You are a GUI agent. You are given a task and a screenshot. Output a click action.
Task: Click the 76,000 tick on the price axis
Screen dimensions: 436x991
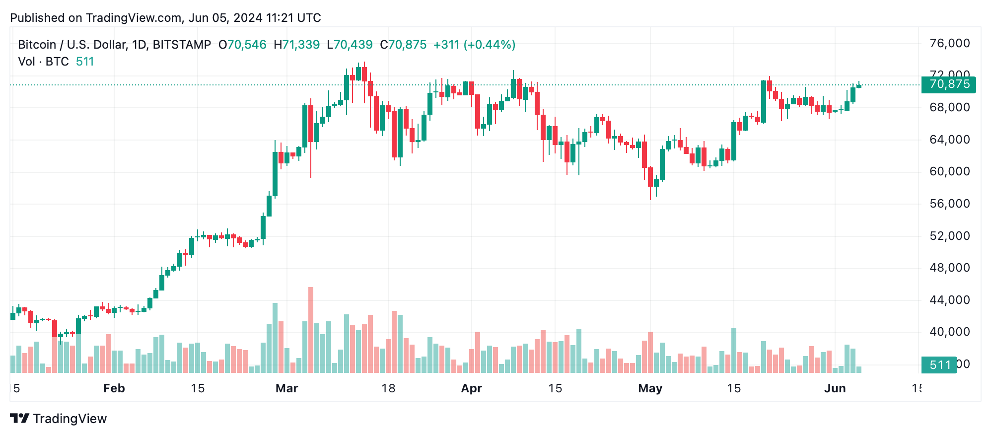tap(949, 44)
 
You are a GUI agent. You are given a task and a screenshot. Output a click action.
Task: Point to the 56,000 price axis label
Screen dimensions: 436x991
tap(949, 204)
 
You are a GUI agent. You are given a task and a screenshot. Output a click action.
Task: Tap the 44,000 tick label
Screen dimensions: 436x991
tap(949, 300)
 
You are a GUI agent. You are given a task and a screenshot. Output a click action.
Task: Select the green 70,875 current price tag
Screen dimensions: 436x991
tap(948, 84)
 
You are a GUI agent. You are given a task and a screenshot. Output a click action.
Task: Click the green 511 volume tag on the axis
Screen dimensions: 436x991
tap(939, 365)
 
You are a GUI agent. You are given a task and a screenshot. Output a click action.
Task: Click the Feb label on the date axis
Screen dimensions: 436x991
tap(114, 388)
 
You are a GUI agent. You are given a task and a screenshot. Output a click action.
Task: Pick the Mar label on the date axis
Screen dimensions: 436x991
tap(286, 388)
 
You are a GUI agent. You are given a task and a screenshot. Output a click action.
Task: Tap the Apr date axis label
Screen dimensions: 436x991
tap(471, 388)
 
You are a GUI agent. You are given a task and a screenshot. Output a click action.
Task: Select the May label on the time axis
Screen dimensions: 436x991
tap(650, 388)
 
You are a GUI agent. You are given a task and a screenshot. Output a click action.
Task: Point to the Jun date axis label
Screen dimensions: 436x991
tap(835, 388)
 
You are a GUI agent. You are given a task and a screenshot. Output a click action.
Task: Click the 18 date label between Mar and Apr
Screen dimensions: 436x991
tap(388, 388)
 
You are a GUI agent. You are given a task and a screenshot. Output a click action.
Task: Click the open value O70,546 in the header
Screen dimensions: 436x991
tap(242, 45)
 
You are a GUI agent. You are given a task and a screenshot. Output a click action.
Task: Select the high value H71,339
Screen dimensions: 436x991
tap(296, 45)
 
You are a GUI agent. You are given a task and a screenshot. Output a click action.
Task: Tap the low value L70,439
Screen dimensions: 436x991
tap(350, 45)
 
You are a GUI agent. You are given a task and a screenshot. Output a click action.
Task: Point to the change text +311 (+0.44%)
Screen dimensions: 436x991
tap(474, 45)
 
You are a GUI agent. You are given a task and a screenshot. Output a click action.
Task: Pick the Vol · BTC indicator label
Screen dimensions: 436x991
tap(43, 62)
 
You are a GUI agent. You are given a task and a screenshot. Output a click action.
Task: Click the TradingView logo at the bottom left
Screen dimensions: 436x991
tap(59, 419)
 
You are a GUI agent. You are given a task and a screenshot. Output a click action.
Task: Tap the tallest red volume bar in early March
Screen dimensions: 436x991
tap(311, 330)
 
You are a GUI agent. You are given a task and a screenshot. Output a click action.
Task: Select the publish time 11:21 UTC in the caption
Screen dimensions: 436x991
tap(293, 18)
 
